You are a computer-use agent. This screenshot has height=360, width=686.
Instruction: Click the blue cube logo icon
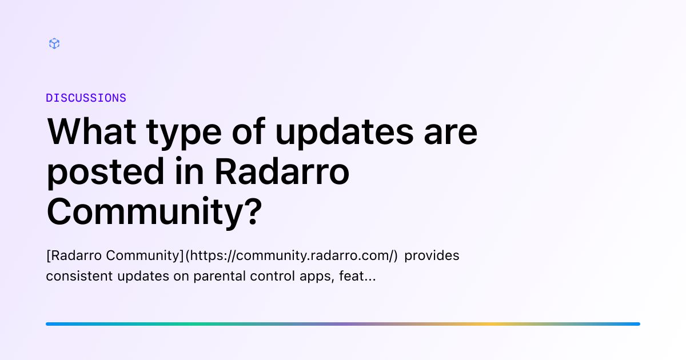pos(54,43)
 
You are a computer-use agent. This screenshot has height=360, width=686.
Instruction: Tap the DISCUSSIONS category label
pos(86,98)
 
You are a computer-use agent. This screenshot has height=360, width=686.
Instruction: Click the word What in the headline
pos(91,131)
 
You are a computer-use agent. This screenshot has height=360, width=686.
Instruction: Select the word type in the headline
pos(184,134)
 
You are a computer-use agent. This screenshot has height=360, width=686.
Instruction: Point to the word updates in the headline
pos(344,133)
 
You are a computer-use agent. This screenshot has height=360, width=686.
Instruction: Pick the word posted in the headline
pos(106,173)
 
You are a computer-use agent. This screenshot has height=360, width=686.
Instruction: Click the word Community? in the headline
pos(154,212)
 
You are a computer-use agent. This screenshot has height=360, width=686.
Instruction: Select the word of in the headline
pos(248,131)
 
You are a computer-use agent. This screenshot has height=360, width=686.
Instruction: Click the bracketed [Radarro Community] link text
pos(115,255)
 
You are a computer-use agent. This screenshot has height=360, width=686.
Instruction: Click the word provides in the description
pos(432,255)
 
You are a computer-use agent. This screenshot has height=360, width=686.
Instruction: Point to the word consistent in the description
pos(79,276)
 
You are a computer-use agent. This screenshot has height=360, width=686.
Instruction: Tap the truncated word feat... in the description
pos(357,276)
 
